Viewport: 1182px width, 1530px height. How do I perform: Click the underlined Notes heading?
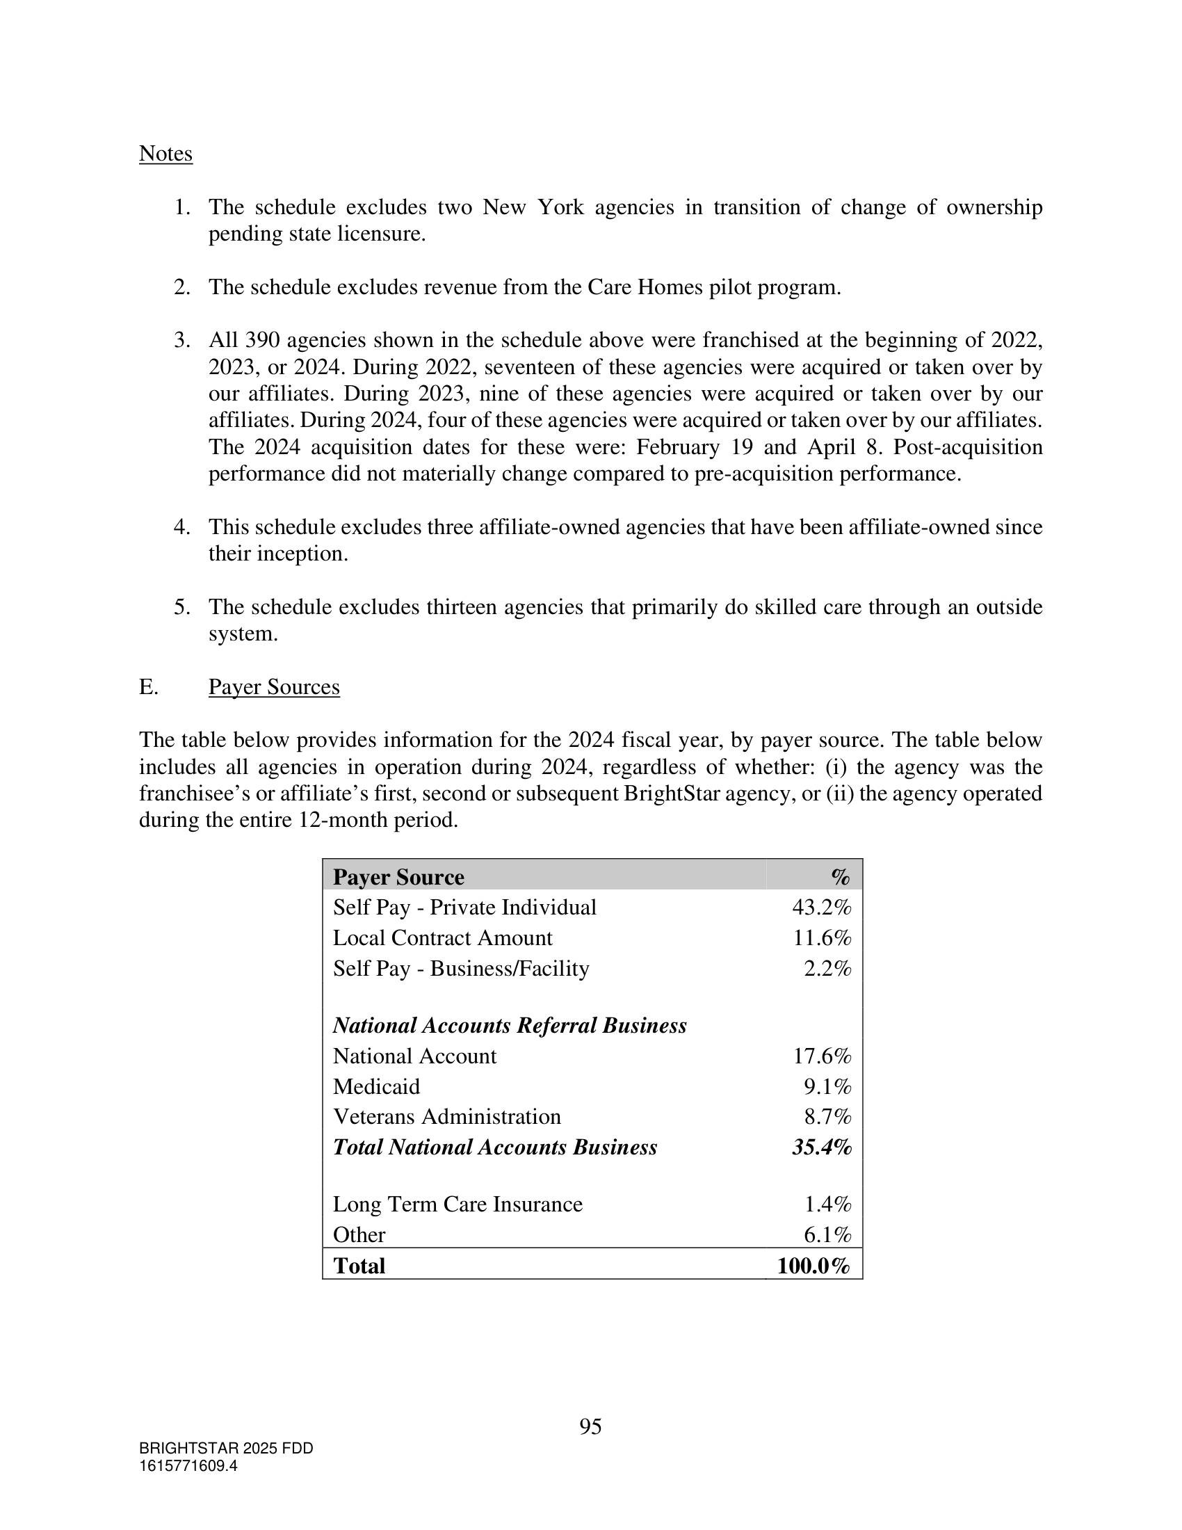pos(165,154)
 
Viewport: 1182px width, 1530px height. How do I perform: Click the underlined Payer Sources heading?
pos(274,686)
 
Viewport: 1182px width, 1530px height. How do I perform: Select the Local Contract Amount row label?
pos(442,937)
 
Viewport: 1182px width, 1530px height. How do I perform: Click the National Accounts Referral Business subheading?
pos(509,1026)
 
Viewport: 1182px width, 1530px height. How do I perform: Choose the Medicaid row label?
pos(376,1086)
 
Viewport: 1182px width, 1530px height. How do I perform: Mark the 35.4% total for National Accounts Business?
pos(821,1147)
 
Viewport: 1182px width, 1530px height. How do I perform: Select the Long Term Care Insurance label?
pos(458,1204)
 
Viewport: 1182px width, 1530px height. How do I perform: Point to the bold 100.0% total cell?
pos(813,1266)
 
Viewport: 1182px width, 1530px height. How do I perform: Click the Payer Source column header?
pos(398,877)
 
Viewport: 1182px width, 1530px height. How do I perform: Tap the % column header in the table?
pos(841,877)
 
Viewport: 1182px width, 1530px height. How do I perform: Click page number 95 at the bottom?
pos(590,1426)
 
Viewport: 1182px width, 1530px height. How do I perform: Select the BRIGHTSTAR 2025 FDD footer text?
pos(225,1448)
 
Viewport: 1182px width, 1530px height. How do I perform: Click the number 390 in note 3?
pos(263,341)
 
